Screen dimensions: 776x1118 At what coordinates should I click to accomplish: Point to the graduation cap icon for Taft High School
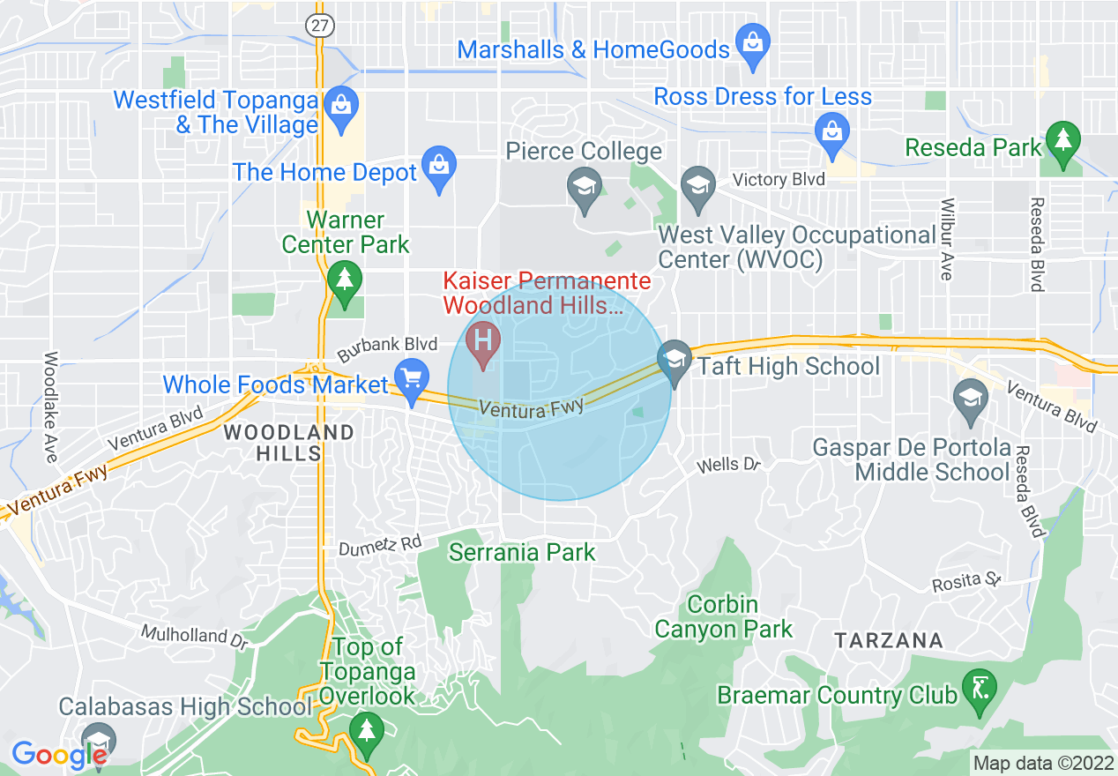click(675, 361)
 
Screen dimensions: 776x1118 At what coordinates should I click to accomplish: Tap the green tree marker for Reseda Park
click(1062, 142)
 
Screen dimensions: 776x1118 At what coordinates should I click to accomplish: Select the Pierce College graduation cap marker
click(585, 189)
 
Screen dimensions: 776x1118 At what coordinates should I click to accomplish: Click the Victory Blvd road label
click(779, 180)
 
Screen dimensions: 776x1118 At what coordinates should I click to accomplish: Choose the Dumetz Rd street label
click(380, 545)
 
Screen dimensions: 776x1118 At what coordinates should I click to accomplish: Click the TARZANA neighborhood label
click(889, 640)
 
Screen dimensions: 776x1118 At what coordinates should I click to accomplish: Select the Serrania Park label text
click(522, 553)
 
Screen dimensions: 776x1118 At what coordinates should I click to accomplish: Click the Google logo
click(58, 754)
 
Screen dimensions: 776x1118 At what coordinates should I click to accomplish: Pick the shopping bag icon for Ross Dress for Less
click(831, 132)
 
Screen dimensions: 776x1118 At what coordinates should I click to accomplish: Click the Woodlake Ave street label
click(50, 407)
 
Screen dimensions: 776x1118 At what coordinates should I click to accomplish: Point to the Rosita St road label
click(969, 583)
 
